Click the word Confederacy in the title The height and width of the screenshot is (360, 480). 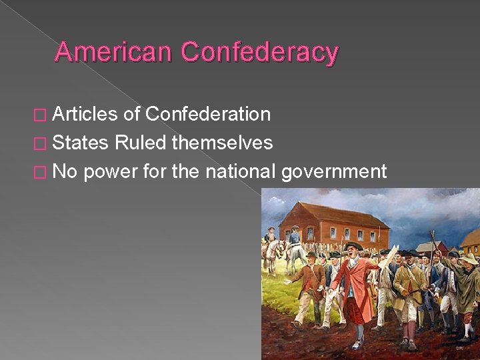pyautogui.click(x=259, y=51)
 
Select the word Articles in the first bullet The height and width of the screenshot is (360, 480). pyautogui.click(x=85, y=115)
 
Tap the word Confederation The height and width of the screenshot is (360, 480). pyautogui.click(x=208, y=115)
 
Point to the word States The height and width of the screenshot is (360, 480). pyautogui.click(x=80, y=143)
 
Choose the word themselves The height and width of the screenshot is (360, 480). pyautogui.click(x=222, y=143)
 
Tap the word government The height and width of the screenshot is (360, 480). pyautogui.click(x=334, y=172)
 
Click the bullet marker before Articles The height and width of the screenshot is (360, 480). pyautogui.click(x=41, y=115)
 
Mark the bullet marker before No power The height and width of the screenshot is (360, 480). pyautogui.click(x=41, y=172)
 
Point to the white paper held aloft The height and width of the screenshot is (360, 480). pyautogui.click(x=389, y=256)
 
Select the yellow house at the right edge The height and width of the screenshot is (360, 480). pyautogui.click(x=471, y=241)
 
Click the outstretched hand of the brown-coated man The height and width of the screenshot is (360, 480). pyautogui.click(x=287, y=283)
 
